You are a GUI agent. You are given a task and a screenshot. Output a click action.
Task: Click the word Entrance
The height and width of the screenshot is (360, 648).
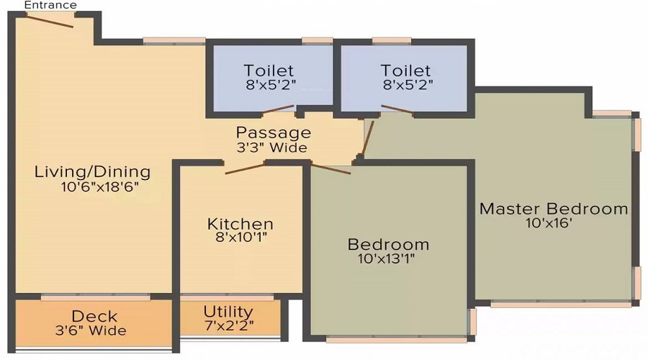click(50, 5)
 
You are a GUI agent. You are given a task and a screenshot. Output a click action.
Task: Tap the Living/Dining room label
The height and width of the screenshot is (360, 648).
click(93, 172)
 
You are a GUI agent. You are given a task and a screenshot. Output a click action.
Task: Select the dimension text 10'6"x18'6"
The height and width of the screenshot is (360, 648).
click(99, 186)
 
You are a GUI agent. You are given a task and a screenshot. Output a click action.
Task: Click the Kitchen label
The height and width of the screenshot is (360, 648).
click(240, 224)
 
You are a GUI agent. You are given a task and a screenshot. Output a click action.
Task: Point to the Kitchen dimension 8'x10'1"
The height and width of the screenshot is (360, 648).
click(241, 236)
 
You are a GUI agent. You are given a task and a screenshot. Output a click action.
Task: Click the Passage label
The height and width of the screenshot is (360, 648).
click(274, 133)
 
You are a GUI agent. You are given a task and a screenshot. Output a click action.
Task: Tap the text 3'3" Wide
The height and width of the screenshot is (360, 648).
click(272, 148)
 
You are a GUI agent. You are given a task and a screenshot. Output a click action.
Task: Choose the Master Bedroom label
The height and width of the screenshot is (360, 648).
click(554, 209)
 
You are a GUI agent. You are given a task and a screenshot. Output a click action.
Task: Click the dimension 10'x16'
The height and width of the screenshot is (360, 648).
click(549, 223)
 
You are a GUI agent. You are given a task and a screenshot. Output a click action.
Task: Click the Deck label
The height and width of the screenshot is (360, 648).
click(94, 317)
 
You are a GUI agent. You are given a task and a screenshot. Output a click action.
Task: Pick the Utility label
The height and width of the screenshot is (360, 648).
click(228, 312)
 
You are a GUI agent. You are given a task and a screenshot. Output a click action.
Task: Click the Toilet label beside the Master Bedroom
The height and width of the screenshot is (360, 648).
click(406, 71)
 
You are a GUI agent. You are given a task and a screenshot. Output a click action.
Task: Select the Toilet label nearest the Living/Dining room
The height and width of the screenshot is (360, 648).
click(269, 71)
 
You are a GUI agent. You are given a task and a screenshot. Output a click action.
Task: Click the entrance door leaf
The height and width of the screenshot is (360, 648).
click(48, 20)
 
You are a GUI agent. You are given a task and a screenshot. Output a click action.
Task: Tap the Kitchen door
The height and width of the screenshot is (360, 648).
click(245, 168)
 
